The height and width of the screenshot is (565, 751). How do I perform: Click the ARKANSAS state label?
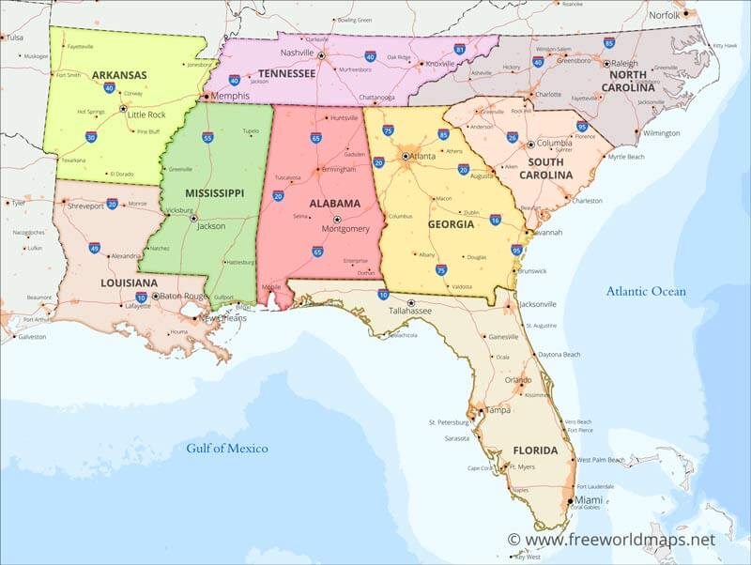120,74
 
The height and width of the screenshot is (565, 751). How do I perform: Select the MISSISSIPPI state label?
214,192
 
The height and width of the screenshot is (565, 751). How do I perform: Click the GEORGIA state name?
451,225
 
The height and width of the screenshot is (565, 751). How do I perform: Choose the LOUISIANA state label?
129,282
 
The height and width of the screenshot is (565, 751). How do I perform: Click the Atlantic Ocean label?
646,291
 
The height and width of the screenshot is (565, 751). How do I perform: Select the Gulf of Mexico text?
226,448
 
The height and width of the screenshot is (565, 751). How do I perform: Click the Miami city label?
590,500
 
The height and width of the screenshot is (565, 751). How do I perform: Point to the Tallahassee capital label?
410,311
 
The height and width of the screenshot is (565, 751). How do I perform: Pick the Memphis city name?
230,96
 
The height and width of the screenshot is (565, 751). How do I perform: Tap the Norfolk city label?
664,15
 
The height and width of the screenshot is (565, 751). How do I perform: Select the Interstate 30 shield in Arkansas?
90,137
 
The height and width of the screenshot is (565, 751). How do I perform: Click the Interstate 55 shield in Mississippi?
207,137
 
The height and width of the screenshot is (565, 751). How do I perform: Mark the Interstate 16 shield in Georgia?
495,220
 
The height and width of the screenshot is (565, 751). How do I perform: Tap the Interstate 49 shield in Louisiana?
95,248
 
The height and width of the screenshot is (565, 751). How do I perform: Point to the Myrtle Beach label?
625,157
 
